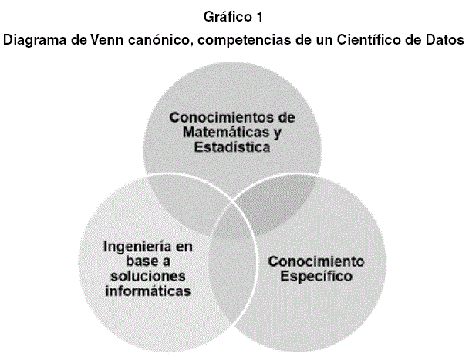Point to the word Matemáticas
pos(219,133)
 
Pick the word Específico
pos(315,275)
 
